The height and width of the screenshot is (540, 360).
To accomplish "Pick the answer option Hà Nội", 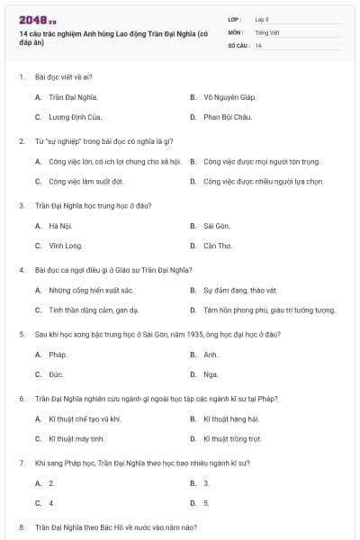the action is [x=60, y=225].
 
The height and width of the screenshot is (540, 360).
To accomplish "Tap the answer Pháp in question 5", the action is [x=58, y=354].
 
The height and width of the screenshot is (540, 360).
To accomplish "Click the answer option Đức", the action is [x=56, y=374].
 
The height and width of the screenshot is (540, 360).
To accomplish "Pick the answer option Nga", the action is [x=211, y=374].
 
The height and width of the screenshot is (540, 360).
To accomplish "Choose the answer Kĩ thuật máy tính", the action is [x=76, y=439].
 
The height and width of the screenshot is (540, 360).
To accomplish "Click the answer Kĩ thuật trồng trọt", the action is [x=232, y=439].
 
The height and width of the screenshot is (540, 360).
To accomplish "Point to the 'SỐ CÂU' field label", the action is [x=238, y=45].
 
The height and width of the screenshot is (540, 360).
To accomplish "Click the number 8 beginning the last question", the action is [x=22, y=526].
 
